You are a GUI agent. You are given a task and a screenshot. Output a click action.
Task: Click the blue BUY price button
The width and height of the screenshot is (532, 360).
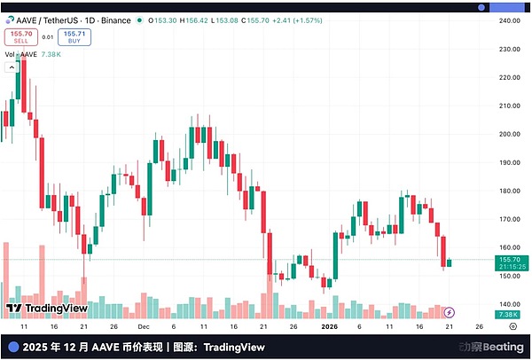tap(74, 36)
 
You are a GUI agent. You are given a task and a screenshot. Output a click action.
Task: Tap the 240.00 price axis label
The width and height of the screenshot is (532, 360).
tap(507, 20)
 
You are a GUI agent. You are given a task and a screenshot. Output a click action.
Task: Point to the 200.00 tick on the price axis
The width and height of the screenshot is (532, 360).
tap(507, 134)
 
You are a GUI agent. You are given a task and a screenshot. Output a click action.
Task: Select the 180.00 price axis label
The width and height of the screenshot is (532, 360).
tap(507, 191)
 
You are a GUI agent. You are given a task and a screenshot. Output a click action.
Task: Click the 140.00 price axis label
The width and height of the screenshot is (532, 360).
tap(507, 304)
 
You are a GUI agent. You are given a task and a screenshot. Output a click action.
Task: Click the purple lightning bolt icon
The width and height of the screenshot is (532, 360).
tap(450, 312)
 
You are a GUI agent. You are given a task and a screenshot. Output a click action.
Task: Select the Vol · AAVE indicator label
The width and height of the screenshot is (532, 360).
tap(21, 53)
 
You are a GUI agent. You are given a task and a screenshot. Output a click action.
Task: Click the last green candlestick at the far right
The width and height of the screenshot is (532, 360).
tap(450, 262)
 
